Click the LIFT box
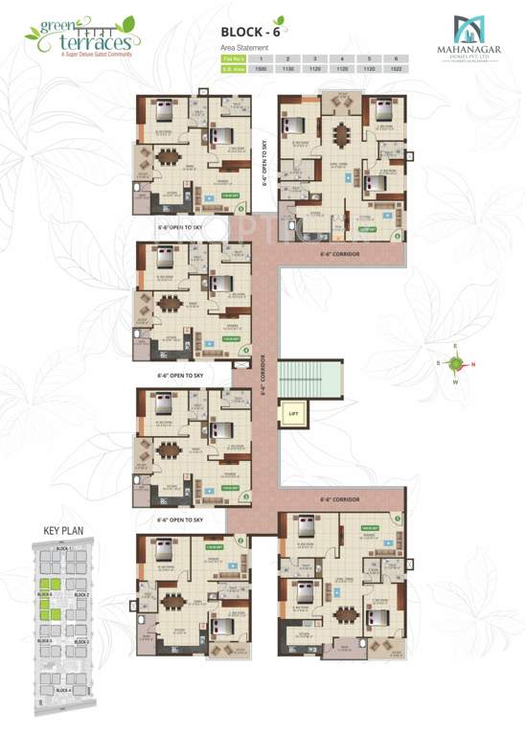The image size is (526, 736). [293, 413]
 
